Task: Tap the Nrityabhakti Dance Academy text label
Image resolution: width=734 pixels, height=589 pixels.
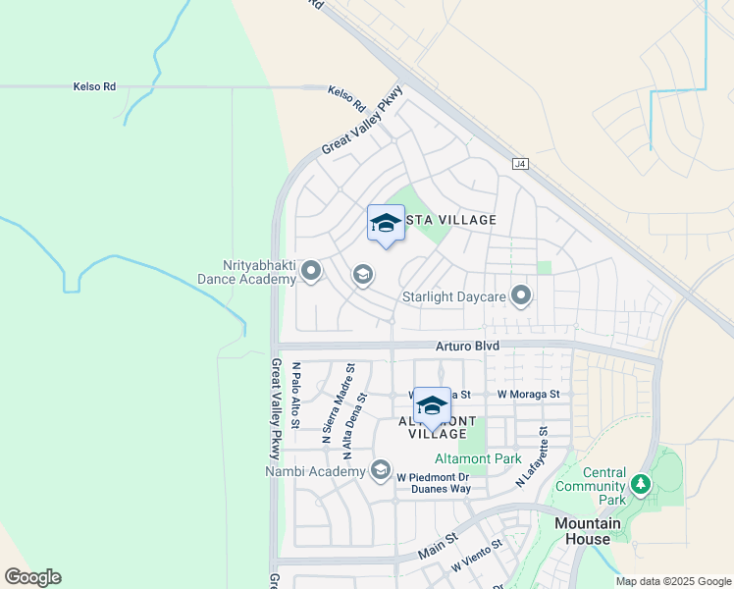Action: coord(246,272)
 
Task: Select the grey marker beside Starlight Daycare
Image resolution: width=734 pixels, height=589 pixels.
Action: coord(521,294)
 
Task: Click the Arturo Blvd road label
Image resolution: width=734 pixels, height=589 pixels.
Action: coord(468,347)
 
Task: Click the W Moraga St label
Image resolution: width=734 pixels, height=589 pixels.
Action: coord(528,395)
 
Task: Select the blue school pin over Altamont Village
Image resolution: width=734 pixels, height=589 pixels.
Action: coord(431,406)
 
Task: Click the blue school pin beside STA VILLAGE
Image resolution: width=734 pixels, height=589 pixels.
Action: coord(386,224)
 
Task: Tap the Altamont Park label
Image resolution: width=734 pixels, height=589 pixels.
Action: coord(478,458)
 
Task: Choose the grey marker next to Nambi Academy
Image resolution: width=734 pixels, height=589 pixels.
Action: coord(381,471)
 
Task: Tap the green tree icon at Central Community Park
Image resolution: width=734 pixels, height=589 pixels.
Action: coord(641,484)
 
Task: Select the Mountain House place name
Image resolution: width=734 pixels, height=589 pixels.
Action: coord(588,531)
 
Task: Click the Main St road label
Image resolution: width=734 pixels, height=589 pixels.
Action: coord(438,546)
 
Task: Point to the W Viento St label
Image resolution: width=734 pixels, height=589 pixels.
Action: coord(477,556)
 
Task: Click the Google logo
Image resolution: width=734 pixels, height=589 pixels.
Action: coord(32,577)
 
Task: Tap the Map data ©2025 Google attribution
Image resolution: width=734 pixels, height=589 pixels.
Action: coord(672,581)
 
